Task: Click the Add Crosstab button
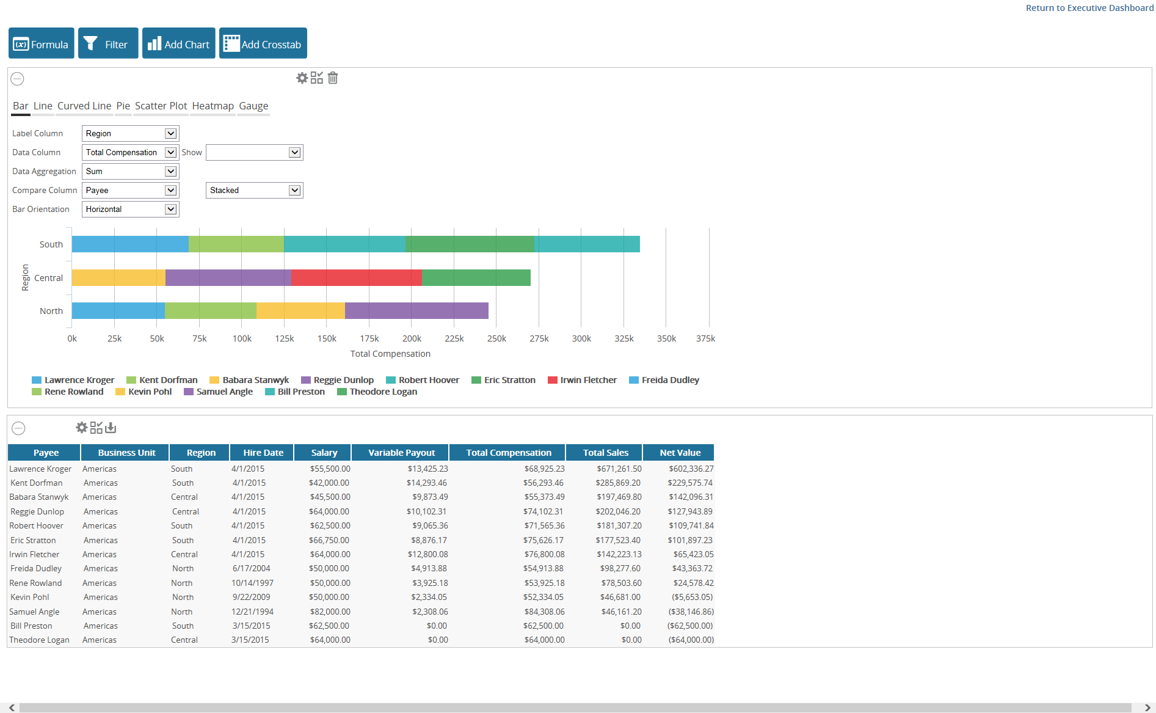click(263, 43)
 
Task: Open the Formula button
click(41, 43)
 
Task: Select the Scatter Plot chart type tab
click(161, 106)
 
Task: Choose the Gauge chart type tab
click(253, 106)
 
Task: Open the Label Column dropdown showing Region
click(130, 134)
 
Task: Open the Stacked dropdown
click(254, 191)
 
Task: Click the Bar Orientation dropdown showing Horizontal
click(130, 210)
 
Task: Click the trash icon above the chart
click(333, 78)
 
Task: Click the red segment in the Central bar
click(357, 278)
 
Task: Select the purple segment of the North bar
click(416, 311)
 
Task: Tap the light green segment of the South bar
click(236, 244)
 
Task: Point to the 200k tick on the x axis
click(412, 338)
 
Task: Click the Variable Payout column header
click(401, 453)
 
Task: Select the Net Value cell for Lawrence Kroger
click(691, 469)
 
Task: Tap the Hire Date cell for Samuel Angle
click(252, 612)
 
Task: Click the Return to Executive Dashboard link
click(1089, 8)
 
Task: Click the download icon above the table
click(111, 428)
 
